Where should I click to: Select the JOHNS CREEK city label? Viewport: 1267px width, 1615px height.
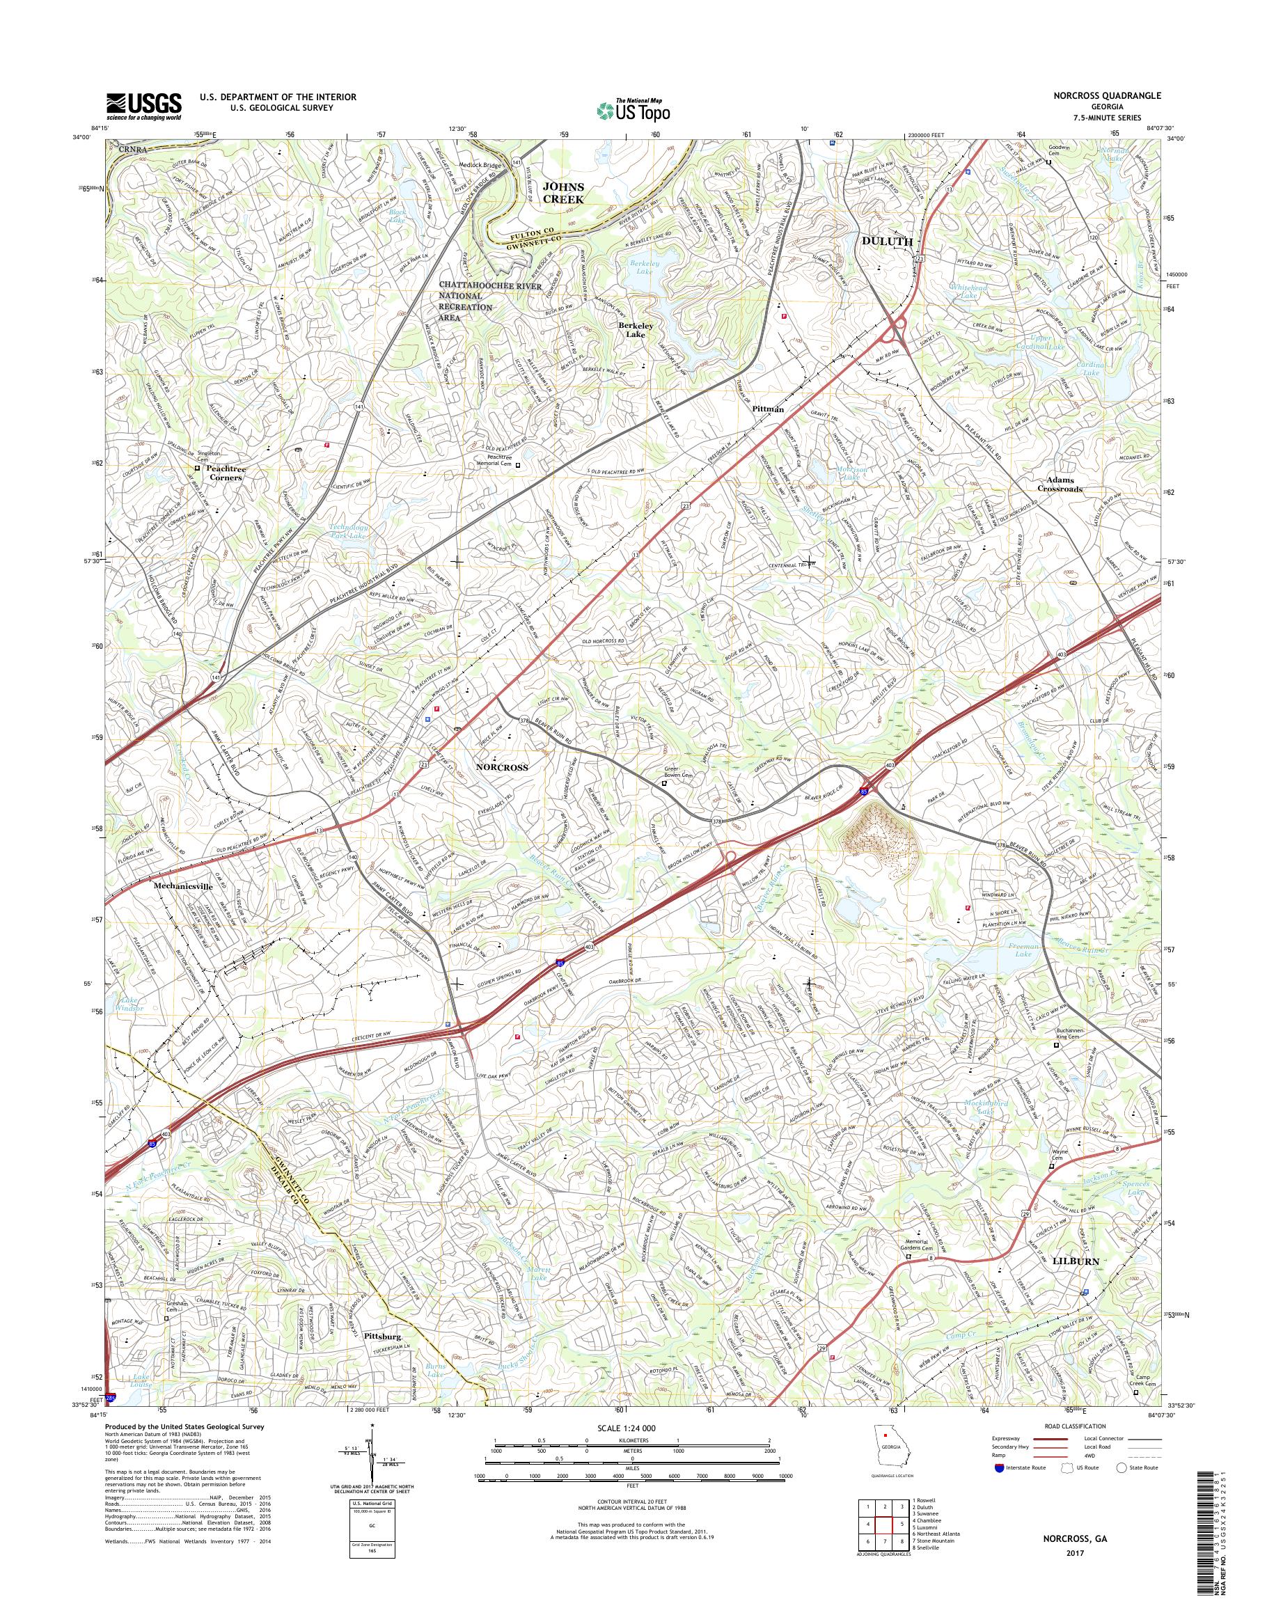(x=565, y=193)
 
